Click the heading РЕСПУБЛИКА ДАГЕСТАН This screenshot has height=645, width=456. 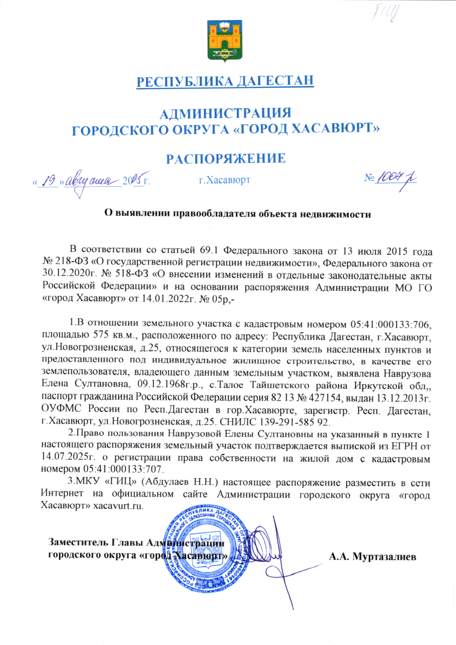pyautogui.click(x=225, y=82)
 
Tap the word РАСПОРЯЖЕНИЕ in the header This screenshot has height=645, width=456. pyautogui.click(x=225, y=158)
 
